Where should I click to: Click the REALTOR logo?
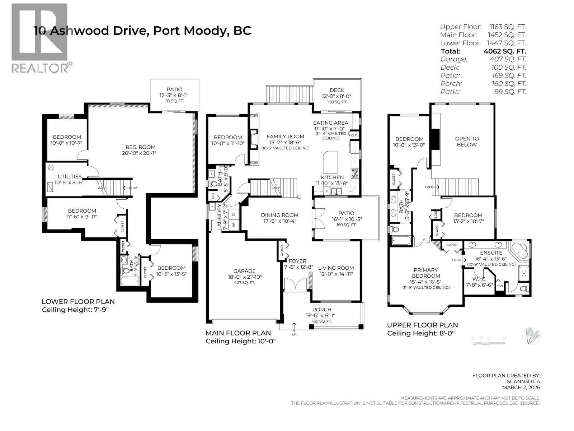(39, 38)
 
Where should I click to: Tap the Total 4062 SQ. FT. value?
(505, 51)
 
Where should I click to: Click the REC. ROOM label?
(140, 147)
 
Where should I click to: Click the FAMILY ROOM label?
(285, 136)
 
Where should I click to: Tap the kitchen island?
(330, 163)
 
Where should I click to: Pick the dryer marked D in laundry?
(234, 214)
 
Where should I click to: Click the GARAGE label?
(244, 271)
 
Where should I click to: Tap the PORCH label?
(322, 310)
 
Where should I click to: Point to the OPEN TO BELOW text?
(467, 142)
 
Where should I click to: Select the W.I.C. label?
(479, 279)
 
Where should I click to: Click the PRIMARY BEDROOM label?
(425, 273)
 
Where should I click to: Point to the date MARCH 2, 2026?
(521, 387)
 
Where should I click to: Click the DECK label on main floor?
(337, 90)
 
